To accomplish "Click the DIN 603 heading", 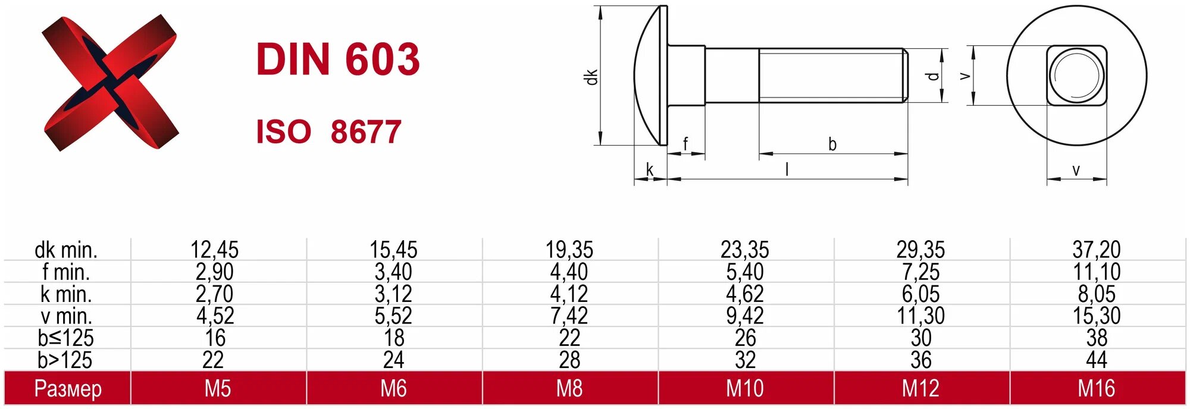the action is coord(338,59).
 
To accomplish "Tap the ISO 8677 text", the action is coord(328,131).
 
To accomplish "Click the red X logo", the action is coord(111,83).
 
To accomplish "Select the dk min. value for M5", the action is coord(214,249).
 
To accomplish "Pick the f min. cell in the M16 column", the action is coord(1096,272).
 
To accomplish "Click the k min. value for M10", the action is coord(744,294).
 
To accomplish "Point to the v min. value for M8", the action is coord(569,316).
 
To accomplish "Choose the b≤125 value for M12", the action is coord(920,338).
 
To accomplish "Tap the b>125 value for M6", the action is coord(393,360).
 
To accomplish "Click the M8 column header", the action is coord(569,388).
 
